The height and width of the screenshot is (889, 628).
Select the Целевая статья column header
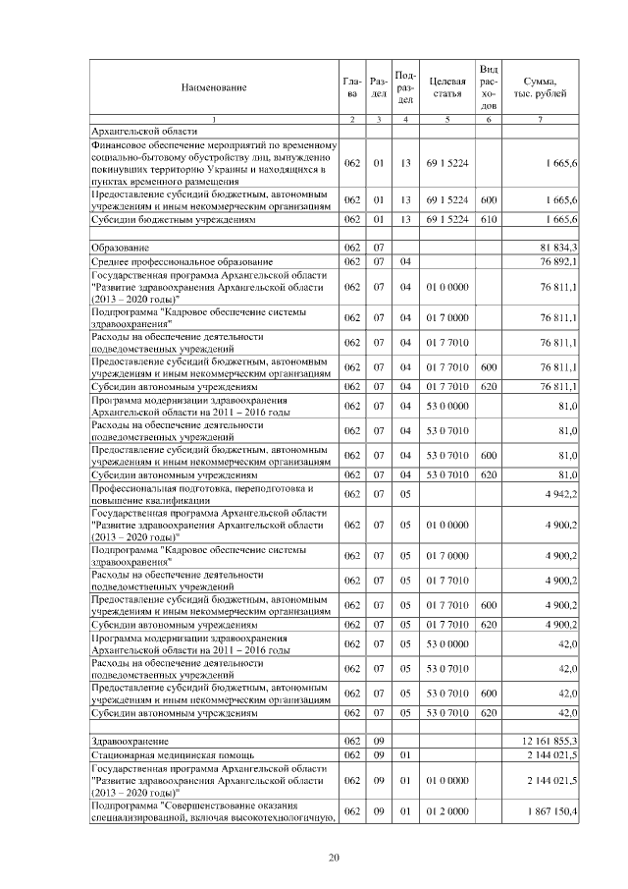click(446, 86)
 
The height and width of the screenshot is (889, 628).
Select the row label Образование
click(114, 247)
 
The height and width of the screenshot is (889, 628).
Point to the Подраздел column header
click(405, 86)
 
